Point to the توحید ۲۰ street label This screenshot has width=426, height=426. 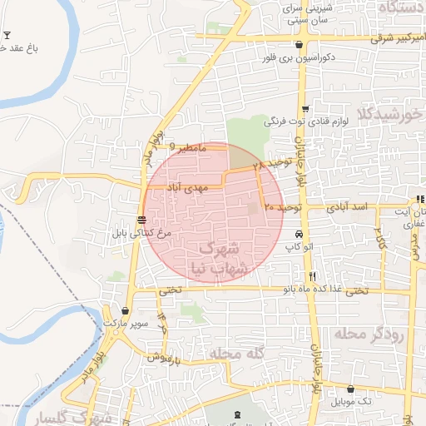tap(280, 204)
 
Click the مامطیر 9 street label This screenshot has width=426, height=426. tap(186, 146)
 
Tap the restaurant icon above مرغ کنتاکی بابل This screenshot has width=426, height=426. tap(142, 220)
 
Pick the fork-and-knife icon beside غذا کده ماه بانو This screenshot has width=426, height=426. tap(312, 276)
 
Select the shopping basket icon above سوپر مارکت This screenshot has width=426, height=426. tap(125, 310)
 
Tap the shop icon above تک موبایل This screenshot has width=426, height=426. tap(350, 389)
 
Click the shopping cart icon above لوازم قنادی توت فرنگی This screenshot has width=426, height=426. tap(305, 109)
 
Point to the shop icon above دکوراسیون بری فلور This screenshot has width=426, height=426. tap(299, 45)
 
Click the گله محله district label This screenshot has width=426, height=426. tap(237, 354)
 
